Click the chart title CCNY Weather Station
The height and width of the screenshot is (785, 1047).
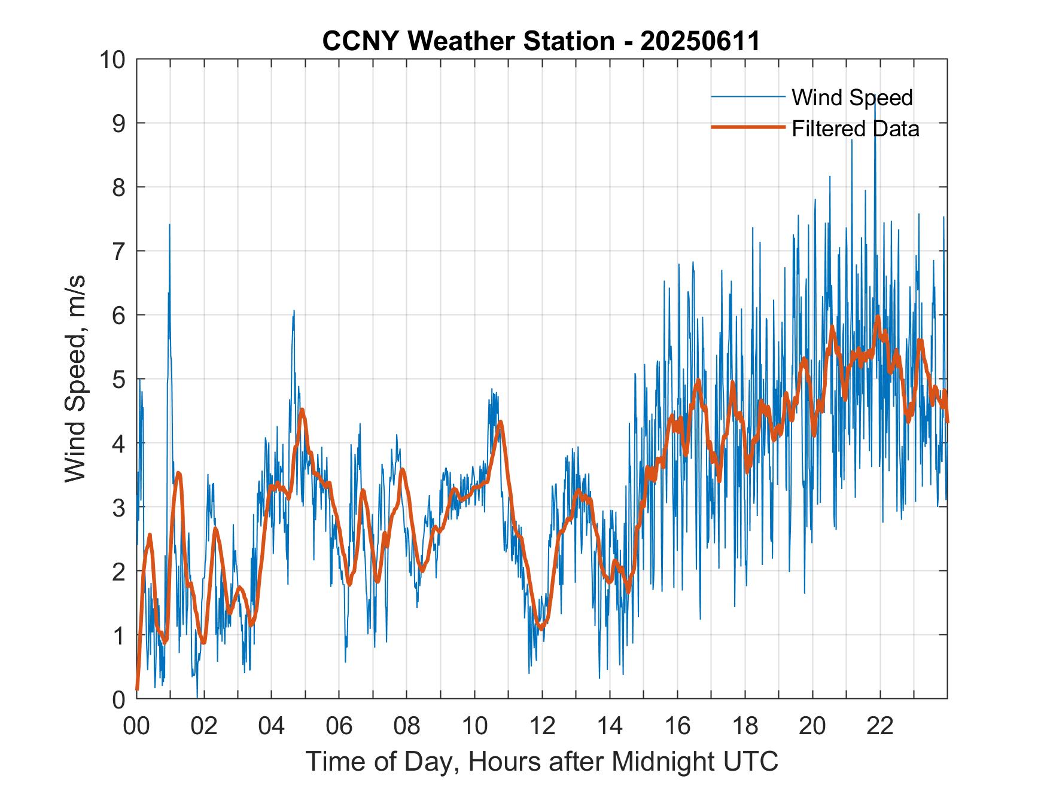point(467,41)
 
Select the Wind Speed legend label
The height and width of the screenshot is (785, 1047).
point(852,97)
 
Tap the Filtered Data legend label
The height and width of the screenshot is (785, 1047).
point(855,129)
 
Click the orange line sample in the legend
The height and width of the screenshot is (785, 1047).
point(748,127)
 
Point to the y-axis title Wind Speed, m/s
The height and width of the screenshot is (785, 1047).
point(75,378)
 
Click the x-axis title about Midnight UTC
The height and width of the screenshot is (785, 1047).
point(541,761)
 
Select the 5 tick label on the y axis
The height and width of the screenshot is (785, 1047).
point(119,379)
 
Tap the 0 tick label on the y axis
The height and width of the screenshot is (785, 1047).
point(119,699)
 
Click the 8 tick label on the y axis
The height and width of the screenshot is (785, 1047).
point(119,188)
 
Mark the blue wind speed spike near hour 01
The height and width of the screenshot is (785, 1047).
point(169,226)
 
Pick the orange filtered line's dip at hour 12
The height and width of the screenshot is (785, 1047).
point(541,628)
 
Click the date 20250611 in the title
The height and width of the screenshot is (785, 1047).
point(699,41)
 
